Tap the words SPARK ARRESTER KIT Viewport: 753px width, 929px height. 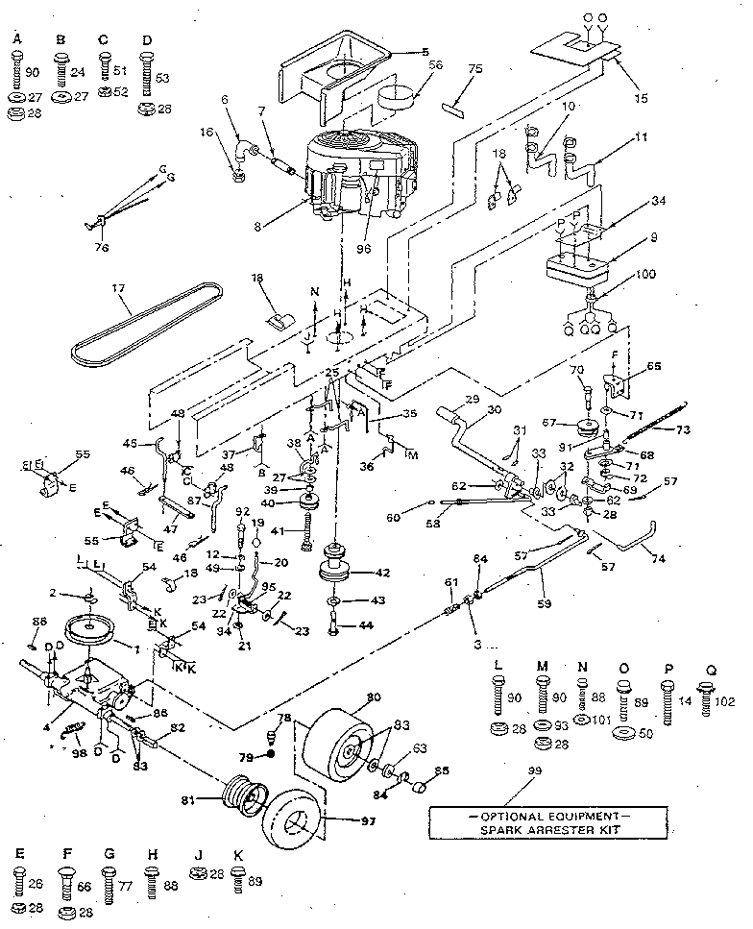coord(533,827)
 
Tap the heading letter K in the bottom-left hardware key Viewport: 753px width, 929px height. coord(237,854)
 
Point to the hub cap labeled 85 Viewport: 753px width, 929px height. coord(420,787)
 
